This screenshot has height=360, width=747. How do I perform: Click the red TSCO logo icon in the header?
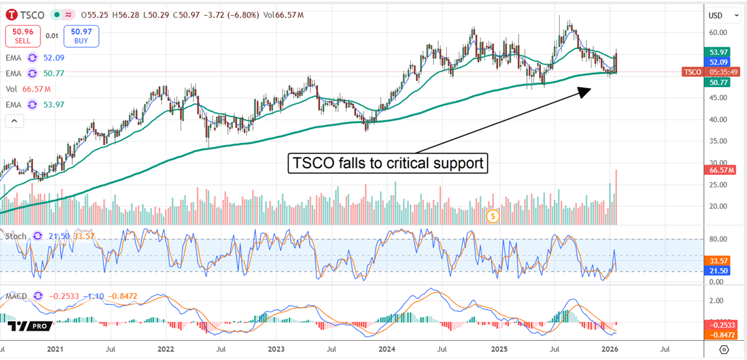12,14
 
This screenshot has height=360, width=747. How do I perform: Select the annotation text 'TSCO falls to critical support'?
388,164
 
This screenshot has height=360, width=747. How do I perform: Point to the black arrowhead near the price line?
583,91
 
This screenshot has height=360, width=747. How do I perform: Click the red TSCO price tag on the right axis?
692,72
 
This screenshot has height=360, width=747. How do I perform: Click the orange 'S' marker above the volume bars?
493,216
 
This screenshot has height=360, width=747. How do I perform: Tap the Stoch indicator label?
16,236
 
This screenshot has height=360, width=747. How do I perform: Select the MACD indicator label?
17,296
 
